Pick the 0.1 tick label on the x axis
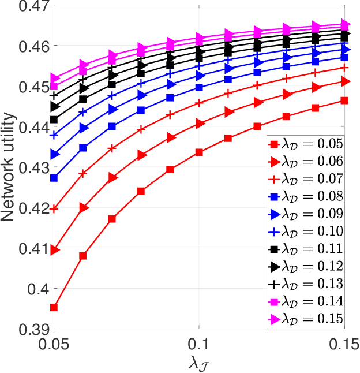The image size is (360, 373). (x=198, y=344)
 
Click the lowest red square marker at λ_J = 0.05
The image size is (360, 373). (x=54, y=307)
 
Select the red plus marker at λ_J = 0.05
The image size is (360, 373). (x=54, y=208)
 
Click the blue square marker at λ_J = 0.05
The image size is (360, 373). (x=54, y=178)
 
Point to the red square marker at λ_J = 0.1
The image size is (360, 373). (x=199, y=152)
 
